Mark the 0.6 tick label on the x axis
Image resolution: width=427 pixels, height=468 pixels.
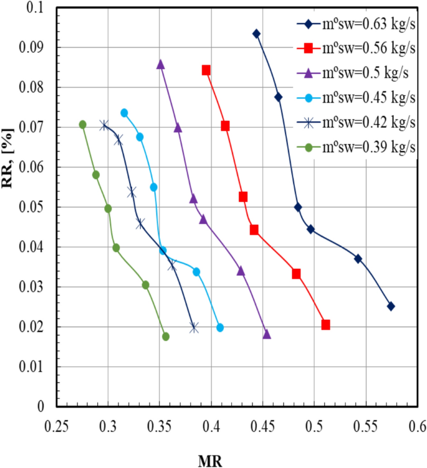(417, 427)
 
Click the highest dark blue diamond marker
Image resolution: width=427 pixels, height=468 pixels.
(256, 34)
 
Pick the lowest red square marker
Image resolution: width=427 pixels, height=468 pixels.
(325, 325)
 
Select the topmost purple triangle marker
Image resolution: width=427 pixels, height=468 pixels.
(160, 64)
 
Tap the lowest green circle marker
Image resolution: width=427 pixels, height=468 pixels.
(166, 336)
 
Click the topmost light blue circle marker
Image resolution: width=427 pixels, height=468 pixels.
(124, 113)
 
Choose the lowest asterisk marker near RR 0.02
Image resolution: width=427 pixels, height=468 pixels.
(194, 327)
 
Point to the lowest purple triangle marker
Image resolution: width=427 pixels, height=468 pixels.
(267, 334)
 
